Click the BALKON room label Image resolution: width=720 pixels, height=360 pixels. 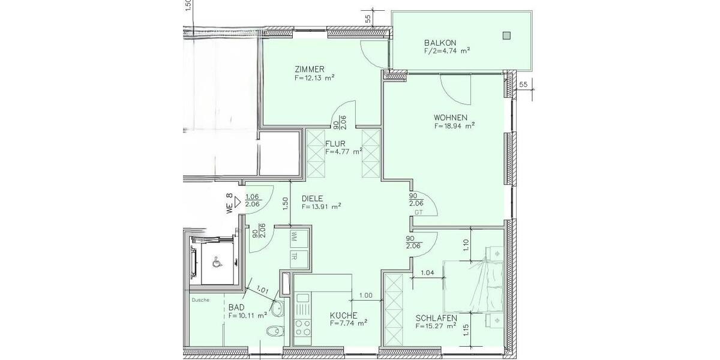coord(440,43)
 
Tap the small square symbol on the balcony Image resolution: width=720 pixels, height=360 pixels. coord(507,35)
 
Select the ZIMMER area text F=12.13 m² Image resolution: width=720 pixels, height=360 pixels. coord(314,77)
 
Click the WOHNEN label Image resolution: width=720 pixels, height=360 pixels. coord(451,118)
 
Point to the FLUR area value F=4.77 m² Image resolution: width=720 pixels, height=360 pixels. coord(344,152)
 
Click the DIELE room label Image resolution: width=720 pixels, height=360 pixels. coord(313,199)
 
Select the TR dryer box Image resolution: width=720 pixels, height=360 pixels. coord(295,256)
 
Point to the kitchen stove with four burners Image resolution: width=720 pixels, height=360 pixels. coord(302,328)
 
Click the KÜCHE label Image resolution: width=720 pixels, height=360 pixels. coord(344,315)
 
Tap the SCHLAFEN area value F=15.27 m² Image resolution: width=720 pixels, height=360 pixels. coord(436,326)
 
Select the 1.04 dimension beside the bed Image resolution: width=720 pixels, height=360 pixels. coord(428,273)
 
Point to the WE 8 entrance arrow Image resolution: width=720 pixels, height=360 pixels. coord(238,202)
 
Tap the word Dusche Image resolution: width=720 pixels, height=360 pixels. coord(200,300)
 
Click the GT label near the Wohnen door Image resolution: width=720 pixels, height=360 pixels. coord(418,212)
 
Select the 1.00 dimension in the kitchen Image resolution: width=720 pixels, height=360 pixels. coord(365,295)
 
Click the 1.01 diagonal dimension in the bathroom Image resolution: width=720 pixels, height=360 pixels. coord(262,290)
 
